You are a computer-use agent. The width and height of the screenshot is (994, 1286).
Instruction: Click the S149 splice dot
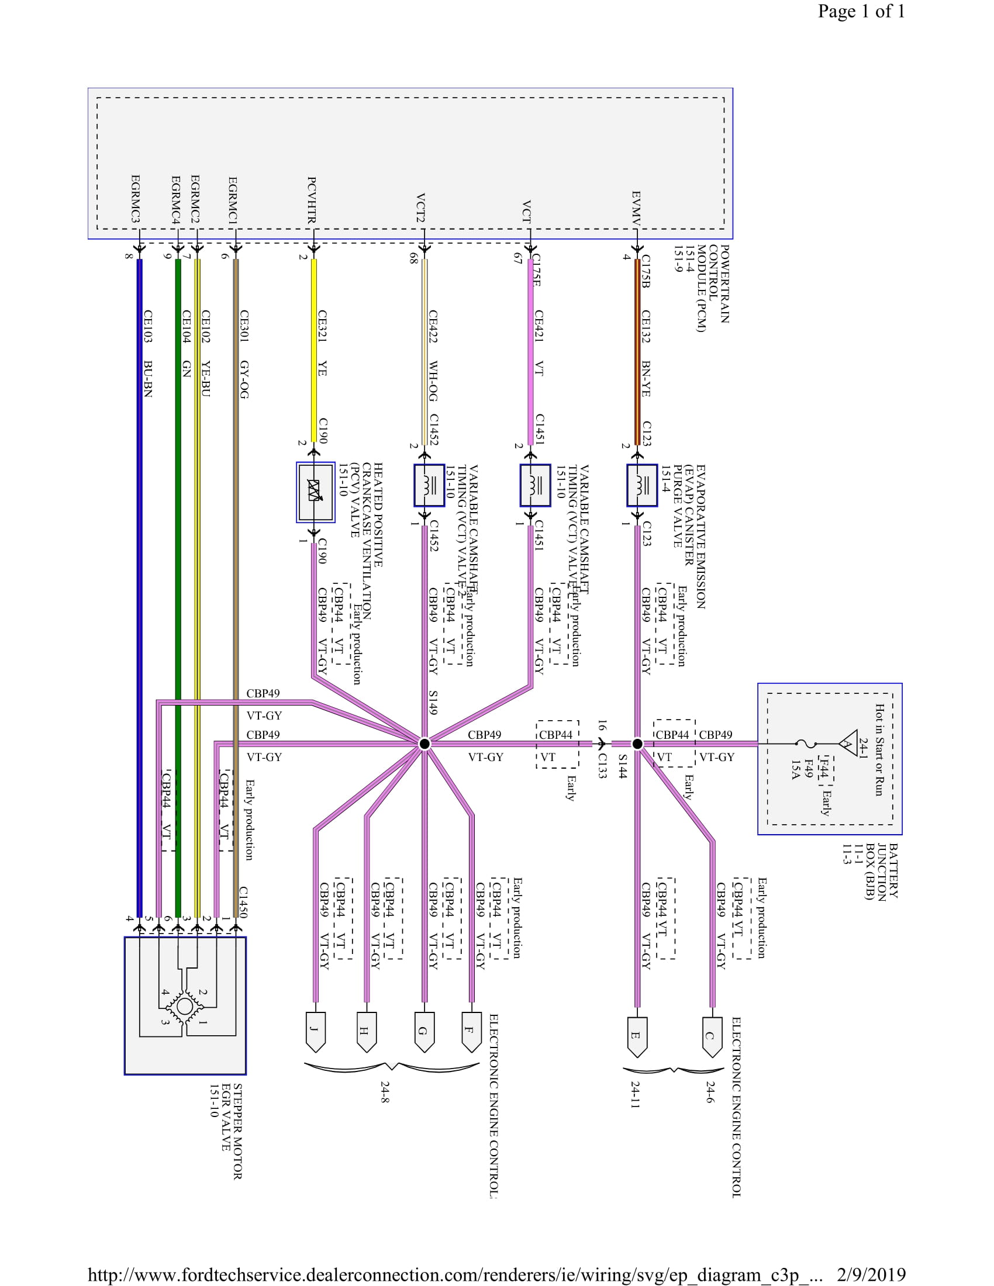(x=424, y=744)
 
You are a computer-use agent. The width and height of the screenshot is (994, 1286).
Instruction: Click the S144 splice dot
(x=637, y=744)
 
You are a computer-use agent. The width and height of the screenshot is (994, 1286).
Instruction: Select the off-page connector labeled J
(x=316, y=1031)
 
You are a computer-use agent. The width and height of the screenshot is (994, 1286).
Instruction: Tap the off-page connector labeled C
(x=712, y=1035)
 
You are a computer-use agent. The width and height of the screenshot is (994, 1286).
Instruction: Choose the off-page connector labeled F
(x=471, y=1031)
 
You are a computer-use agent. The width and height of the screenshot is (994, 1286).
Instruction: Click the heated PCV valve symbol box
(x=315, y=492)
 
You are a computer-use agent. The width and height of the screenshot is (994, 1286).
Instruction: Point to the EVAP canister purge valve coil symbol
(x=641, y=485)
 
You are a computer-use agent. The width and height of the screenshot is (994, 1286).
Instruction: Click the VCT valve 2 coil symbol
(x=429, y=485)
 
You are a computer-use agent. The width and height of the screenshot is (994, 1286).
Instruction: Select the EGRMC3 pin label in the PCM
(x=136, y=199)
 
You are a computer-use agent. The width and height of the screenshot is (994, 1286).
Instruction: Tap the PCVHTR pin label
(x=312, y=200)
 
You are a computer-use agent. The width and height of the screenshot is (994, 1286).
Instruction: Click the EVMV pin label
(x=636, y=208)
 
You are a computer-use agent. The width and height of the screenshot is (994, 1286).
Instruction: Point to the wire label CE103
(x=148, y=326)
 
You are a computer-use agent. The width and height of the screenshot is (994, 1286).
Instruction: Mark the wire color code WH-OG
(x=433, y=381)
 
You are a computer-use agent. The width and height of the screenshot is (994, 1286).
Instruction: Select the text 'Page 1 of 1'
(x=860, y=11)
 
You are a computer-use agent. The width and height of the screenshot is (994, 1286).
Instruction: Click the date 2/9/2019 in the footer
(x=871, y=1275)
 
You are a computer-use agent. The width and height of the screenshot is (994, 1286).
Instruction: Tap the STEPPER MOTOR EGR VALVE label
(x=226, y=1131)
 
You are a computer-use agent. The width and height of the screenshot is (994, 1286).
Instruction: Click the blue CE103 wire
(x=140, y=589)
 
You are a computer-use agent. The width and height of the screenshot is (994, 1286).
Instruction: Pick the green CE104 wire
(x=178, y=589)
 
